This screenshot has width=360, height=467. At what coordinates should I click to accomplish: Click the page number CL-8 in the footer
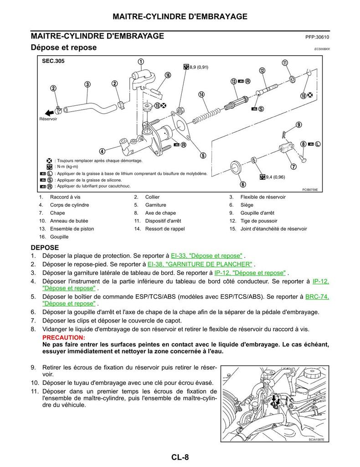(180, 457)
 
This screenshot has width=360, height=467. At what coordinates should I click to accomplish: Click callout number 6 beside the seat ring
(243, 184)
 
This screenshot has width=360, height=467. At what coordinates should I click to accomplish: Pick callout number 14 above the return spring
(201, 94)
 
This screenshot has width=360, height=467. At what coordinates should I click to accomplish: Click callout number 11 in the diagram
(285, 63)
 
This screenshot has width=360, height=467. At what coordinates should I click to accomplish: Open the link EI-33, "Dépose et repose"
(206, 255)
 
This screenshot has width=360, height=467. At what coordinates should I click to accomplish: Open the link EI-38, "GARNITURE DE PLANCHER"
(200, 264)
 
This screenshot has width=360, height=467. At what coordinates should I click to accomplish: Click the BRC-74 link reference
(317, 296)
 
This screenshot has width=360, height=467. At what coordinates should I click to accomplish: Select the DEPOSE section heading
(45, 247)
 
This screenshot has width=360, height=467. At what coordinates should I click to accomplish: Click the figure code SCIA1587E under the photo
(319, 440)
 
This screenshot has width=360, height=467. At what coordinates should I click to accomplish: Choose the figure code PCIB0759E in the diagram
(309, 190)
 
